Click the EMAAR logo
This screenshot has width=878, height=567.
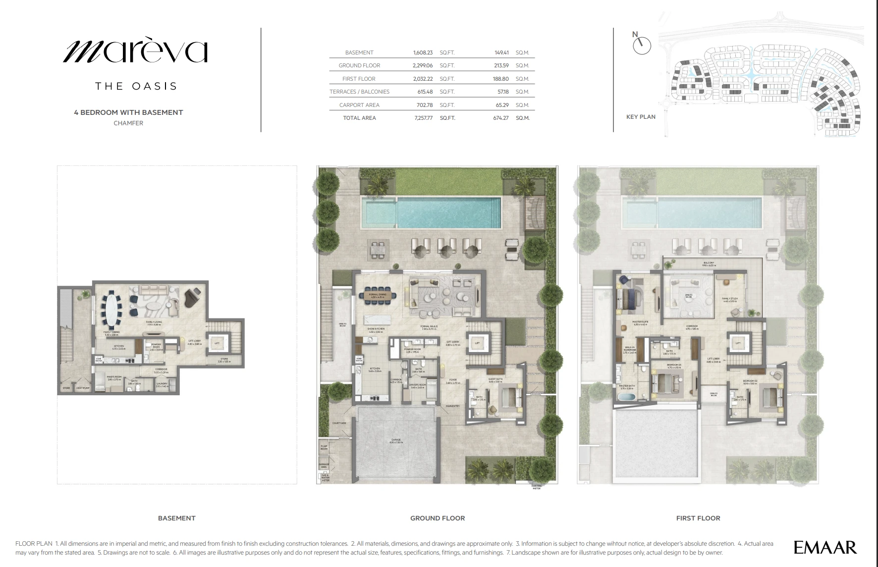pos(825,547)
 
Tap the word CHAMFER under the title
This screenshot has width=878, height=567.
pos(128,123)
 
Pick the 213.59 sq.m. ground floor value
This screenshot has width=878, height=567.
pos(501,65)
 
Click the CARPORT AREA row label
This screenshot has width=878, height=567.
pos(359,105)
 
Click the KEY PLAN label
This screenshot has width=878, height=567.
pos(641,117)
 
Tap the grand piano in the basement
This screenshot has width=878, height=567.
pos(193,297)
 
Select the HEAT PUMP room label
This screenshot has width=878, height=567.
pos(83,388)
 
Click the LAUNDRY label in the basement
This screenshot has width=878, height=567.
pos(162,384)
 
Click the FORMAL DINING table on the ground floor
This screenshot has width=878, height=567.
pos(380,296)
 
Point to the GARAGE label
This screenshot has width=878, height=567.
pos(396,440)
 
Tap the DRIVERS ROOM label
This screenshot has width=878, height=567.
pos(418,385)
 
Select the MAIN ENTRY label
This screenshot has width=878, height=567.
pos(452,406)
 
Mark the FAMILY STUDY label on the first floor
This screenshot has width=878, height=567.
pos(730,299)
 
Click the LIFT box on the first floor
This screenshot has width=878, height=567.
pos(738,343)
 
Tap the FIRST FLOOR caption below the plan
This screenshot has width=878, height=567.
pos(698,518)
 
